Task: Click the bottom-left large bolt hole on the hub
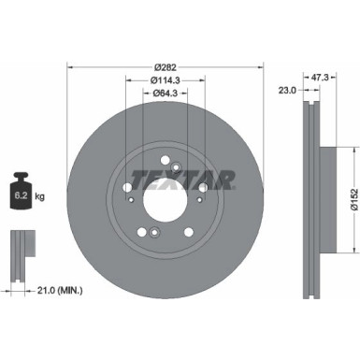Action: click(x=141, y=233)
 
